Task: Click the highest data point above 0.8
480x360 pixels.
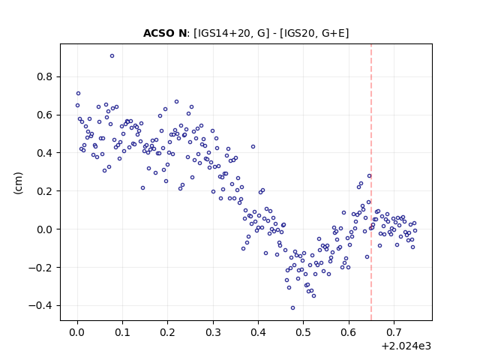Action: tap(112, 56)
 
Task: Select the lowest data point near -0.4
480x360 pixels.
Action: tap(292, 308)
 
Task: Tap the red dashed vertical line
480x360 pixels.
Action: tap(371, 182)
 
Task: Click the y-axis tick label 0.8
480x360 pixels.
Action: tap(45, 76)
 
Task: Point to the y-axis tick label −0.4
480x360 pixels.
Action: tap(40, 305)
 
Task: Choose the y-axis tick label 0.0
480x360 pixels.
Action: tap(45, 229)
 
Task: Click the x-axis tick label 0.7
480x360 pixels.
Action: tap(394, 332)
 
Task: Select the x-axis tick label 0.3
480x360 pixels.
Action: tap(213, 332)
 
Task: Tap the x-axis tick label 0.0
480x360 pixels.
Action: tap(77, 332)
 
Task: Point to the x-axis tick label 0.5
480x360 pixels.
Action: tap(303, 332)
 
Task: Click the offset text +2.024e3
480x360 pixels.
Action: tap(406, 346)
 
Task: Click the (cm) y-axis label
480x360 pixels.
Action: tap(18, 183)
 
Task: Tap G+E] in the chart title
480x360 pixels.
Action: tap(335, 33)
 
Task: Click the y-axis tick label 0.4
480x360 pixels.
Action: tap(45, 153)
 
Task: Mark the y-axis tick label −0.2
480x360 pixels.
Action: tap(40, 268)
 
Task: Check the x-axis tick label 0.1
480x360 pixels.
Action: tap(122, 332)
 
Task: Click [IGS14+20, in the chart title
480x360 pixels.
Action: tap(224, 33)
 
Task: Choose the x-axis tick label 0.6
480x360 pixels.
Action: tap(349, 332)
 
